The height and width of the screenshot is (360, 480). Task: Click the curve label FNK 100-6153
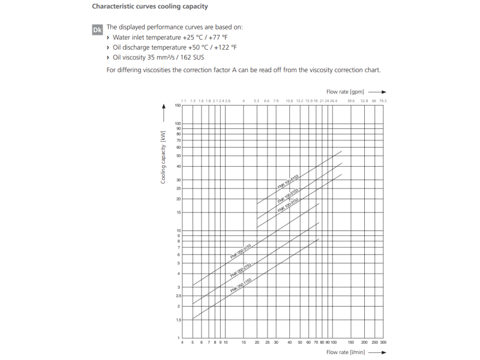point(289,181)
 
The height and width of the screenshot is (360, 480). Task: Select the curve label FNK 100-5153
point(289,193)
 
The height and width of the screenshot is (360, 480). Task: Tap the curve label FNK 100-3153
point(289,205)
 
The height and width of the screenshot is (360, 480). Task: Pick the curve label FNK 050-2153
point(241,269)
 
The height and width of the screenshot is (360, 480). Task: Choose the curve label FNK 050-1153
point(241,284)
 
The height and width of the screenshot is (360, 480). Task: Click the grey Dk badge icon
point(97,29)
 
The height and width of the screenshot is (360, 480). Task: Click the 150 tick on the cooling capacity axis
point(178,106)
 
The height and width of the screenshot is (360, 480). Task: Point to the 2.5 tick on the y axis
point(178,296)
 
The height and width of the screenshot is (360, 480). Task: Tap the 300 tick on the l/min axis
point(383,343)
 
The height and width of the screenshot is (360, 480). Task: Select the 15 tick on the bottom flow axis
point(244,343)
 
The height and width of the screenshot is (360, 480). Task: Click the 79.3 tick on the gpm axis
point(383,101)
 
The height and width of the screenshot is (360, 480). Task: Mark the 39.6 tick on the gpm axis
point(351,101)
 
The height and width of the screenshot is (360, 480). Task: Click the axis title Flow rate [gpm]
point(345,92)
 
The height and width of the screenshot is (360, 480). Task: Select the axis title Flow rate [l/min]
point(345,352)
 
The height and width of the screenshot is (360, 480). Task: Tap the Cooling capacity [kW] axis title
point(163,157)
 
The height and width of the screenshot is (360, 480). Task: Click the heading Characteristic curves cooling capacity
point(150,7)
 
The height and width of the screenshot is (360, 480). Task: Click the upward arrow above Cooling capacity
point(163,110)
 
